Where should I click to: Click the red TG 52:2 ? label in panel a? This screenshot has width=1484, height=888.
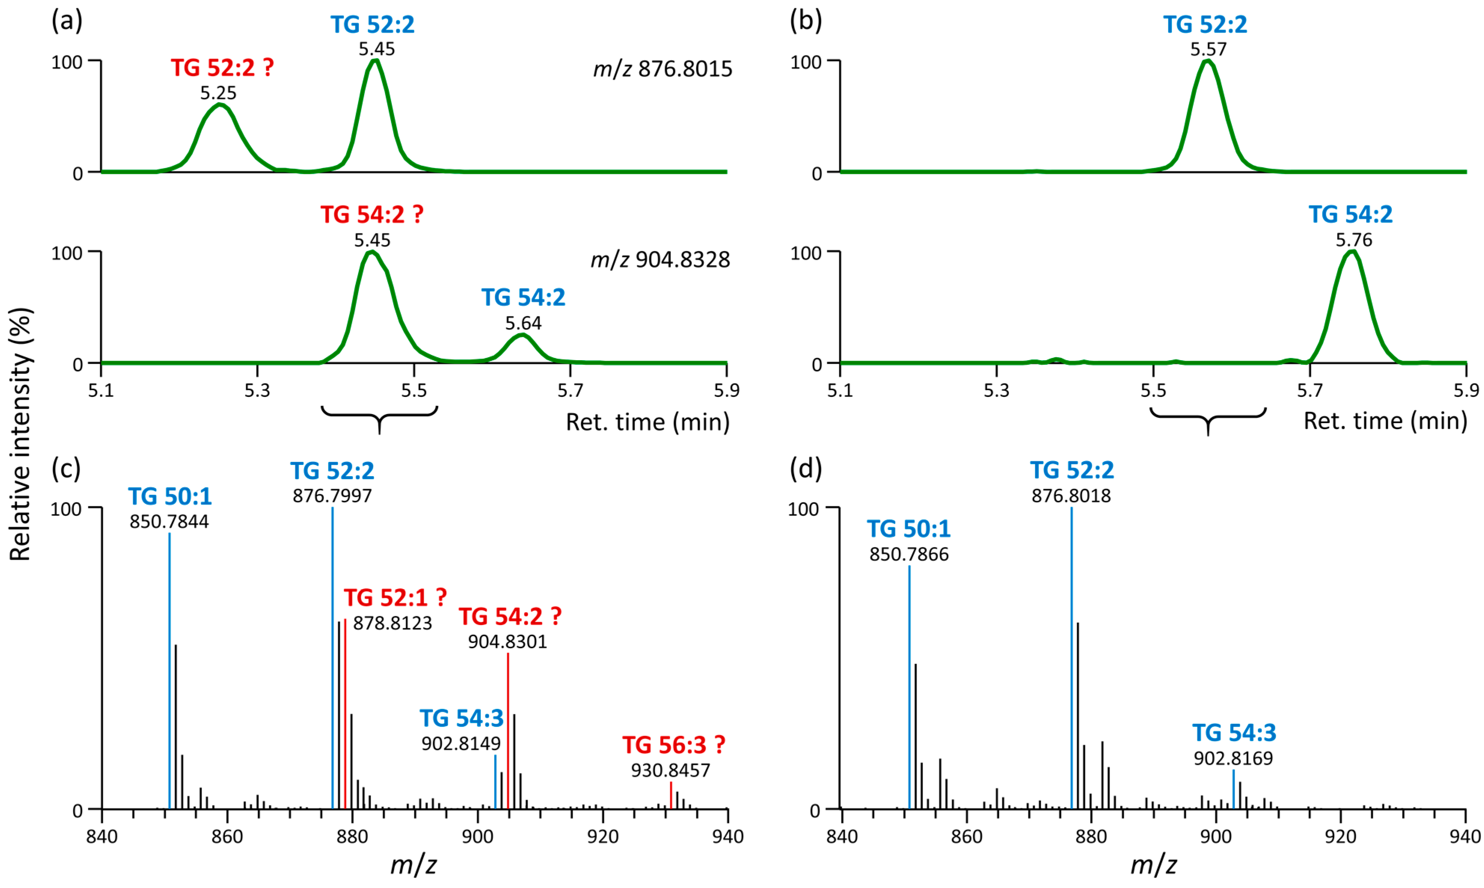click(222, 68)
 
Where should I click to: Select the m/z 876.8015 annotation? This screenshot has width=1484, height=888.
click(662, 70)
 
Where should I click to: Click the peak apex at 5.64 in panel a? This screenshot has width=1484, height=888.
click(523, 335)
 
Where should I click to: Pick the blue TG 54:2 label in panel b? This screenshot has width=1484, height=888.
click(1350, 214)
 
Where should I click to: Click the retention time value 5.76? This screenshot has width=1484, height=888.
click(1353, 241)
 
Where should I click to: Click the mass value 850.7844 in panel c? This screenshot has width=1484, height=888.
click(169, 522)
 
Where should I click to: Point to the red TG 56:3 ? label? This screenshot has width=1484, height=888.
click(674, 745)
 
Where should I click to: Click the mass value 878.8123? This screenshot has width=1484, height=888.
click(392, 624)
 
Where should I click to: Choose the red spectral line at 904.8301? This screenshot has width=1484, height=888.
click(508, 730)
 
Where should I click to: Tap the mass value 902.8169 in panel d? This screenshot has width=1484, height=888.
click(1233, 759)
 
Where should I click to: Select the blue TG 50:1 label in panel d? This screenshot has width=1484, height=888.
click(908, 529)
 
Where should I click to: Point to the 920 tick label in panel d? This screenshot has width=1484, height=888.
click(1340, 836)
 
